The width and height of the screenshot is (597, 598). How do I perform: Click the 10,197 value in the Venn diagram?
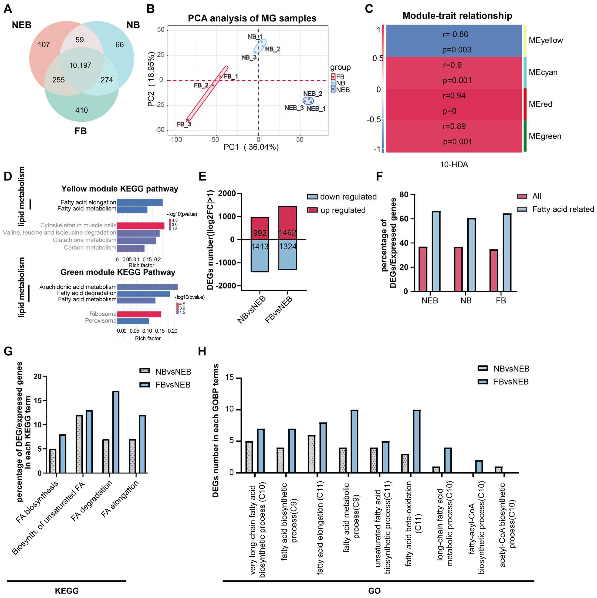pos(80,65)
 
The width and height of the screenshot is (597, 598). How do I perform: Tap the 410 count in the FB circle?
pos(82,110)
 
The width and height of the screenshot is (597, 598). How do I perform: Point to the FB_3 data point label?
pos(184,124)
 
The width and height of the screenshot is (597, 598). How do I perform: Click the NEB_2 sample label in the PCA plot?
pos(313,93)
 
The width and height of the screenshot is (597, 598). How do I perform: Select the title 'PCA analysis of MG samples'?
pos(252,18)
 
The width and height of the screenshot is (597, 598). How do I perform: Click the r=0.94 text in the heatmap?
pos(454,96)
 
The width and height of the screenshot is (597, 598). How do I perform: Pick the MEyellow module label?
pos(546,40)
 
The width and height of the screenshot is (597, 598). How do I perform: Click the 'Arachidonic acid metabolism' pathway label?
pos(78,287)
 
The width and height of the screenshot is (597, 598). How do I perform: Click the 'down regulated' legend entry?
pos(348,197)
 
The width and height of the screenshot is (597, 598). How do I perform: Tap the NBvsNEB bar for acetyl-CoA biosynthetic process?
pos(498,470)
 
